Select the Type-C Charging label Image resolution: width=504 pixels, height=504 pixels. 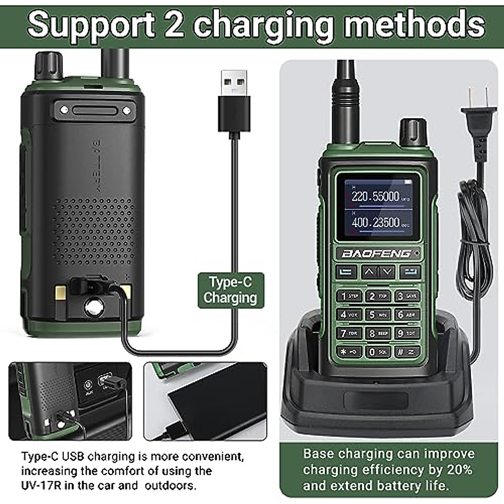(231, 290)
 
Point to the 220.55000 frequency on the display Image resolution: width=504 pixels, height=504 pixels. (375, 196)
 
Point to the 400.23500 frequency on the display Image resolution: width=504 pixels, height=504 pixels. (375, 222)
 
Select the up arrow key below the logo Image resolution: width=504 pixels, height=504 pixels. (369, 272)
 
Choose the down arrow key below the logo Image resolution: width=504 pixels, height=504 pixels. (387, 272)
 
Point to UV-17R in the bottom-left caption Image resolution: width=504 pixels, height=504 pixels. (39, 486)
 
